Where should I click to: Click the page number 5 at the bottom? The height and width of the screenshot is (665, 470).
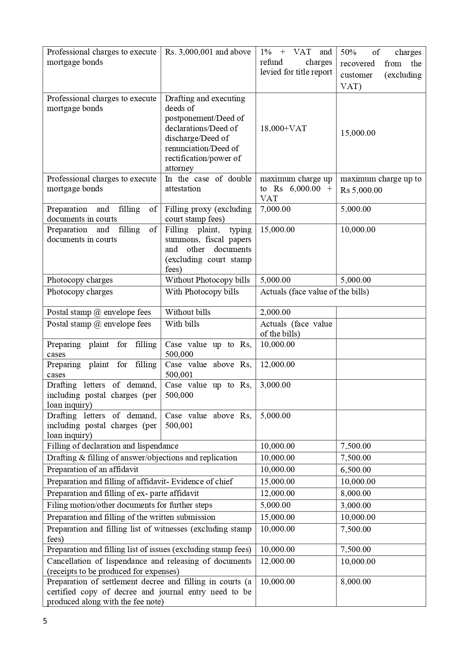(45, 621)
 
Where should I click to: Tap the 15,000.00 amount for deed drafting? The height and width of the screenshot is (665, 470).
(358, 133)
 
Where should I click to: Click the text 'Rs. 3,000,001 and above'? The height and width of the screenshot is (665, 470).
(208, 52)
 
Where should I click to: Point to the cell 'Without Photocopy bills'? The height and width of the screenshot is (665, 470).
(207, 280)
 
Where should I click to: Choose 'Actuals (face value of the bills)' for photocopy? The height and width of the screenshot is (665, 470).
(314, 292)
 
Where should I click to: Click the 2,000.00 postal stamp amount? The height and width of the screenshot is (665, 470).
(275, 312)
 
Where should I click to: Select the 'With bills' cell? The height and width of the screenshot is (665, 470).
(182, 324)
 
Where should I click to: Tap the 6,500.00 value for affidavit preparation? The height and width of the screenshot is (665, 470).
(356, 470)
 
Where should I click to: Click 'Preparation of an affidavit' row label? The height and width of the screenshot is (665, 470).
(92, 469)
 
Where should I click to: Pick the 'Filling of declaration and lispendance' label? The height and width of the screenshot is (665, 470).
(112, 446)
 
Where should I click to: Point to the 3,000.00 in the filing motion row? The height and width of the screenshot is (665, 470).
(356, 505)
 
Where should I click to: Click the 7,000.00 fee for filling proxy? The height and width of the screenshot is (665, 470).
(275, 209)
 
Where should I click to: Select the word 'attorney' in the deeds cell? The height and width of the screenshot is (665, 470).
(179, 168)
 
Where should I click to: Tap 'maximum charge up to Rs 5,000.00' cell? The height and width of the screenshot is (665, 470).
(381, 184)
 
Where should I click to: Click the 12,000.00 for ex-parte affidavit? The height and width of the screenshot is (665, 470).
(277, 493)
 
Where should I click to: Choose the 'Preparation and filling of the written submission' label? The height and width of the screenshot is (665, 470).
(131, 517)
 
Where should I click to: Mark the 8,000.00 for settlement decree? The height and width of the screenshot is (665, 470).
(356, 582)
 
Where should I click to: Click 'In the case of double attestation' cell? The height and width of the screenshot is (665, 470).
(208, 184)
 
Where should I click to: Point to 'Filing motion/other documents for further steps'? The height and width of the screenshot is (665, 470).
(130, 505)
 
